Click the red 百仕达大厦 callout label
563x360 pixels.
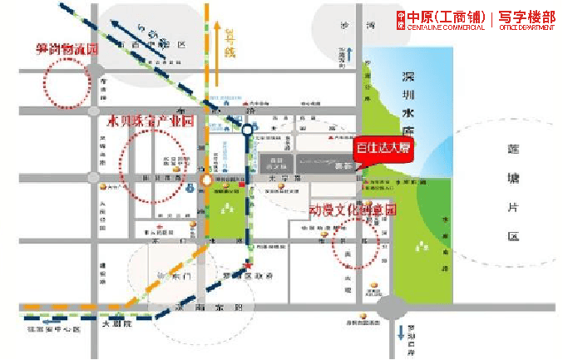(384, 147)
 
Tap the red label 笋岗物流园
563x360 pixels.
(67, 49)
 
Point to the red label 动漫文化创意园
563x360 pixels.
(353, 210)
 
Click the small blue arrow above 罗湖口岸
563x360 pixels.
(401, 333)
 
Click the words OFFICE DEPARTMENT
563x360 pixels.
(526, 29)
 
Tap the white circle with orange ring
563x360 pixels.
(205, 180)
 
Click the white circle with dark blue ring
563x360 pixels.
(247, 130)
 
